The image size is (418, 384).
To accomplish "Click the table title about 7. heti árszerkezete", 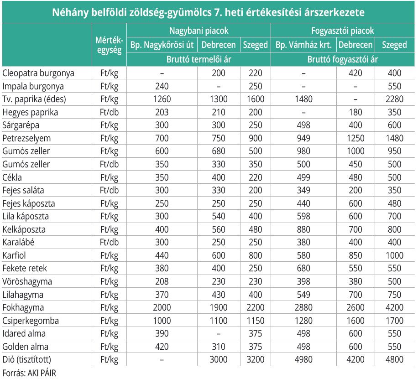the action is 208,12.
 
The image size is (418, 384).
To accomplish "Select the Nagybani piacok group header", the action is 199,31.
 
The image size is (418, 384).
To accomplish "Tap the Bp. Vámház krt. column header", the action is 303,45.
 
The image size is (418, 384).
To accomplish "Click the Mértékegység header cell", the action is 110,45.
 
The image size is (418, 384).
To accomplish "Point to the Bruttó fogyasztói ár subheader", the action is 343,59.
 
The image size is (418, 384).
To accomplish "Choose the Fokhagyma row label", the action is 23,307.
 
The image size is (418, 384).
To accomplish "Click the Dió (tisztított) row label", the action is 26,359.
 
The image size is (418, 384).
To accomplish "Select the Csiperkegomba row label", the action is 31,321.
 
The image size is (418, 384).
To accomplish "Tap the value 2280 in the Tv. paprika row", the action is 395,99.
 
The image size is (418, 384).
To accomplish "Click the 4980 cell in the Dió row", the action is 303,359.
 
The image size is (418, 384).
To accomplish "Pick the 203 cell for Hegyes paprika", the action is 162,112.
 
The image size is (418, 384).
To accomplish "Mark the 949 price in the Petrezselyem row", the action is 303,138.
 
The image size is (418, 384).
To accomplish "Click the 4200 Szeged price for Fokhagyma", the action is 395,307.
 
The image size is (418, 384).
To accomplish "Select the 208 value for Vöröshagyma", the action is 162,281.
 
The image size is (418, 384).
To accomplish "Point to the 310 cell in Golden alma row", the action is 219,347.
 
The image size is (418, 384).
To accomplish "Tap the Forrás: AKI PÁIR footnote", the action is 29,373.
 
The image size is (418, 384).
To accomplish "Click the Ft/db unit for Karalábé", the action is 110,242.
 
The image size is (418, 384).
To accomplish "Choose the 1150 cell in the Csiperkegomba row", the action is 256,321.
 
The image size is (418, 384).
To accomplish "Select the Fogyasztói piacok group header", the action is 343,31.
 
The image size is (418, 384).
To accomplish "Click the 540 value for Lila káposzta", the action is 219,216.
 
